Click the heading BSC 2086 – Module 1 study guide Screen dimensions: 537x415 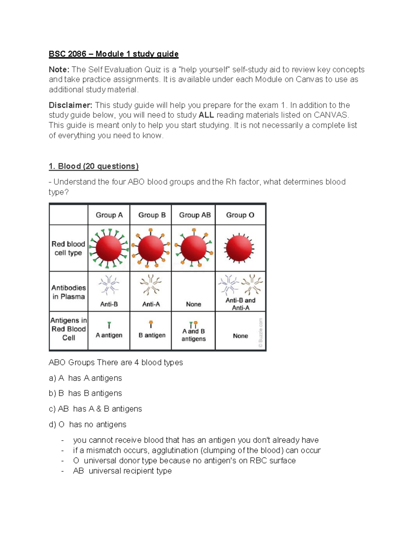[113, 54]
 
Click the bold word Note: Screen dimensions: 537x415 [59, 70]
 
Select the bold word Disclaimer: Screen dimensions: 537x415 [71, 105]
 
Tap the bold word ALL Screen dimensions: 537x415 [206, 115]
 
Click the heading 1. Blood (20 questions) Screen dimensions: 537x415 [93, 166]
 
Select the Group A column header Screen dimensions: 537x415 [109, 215]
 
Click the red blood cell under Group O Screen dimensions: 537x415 [239, 248]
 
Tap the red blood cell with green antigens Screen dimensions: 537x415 [109, 248]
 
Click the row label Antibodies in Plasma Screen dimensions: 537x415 [68, 292]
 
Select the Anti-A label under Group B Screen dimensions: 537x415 [151, 304]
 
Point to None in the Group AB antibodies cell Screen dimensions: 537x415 [193, 304]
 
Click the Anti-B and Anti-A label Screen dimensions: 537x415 [240, 304]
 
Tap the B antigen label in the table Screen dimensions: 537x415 [152, 335]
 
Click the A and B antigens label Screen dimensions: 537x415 [193, 335]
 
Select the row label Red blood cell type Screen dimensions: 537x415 [68, 248]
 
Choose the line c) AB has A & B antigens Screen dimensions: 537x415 [95, 409]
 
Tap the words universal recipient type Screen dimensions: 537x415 [130, 471]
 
